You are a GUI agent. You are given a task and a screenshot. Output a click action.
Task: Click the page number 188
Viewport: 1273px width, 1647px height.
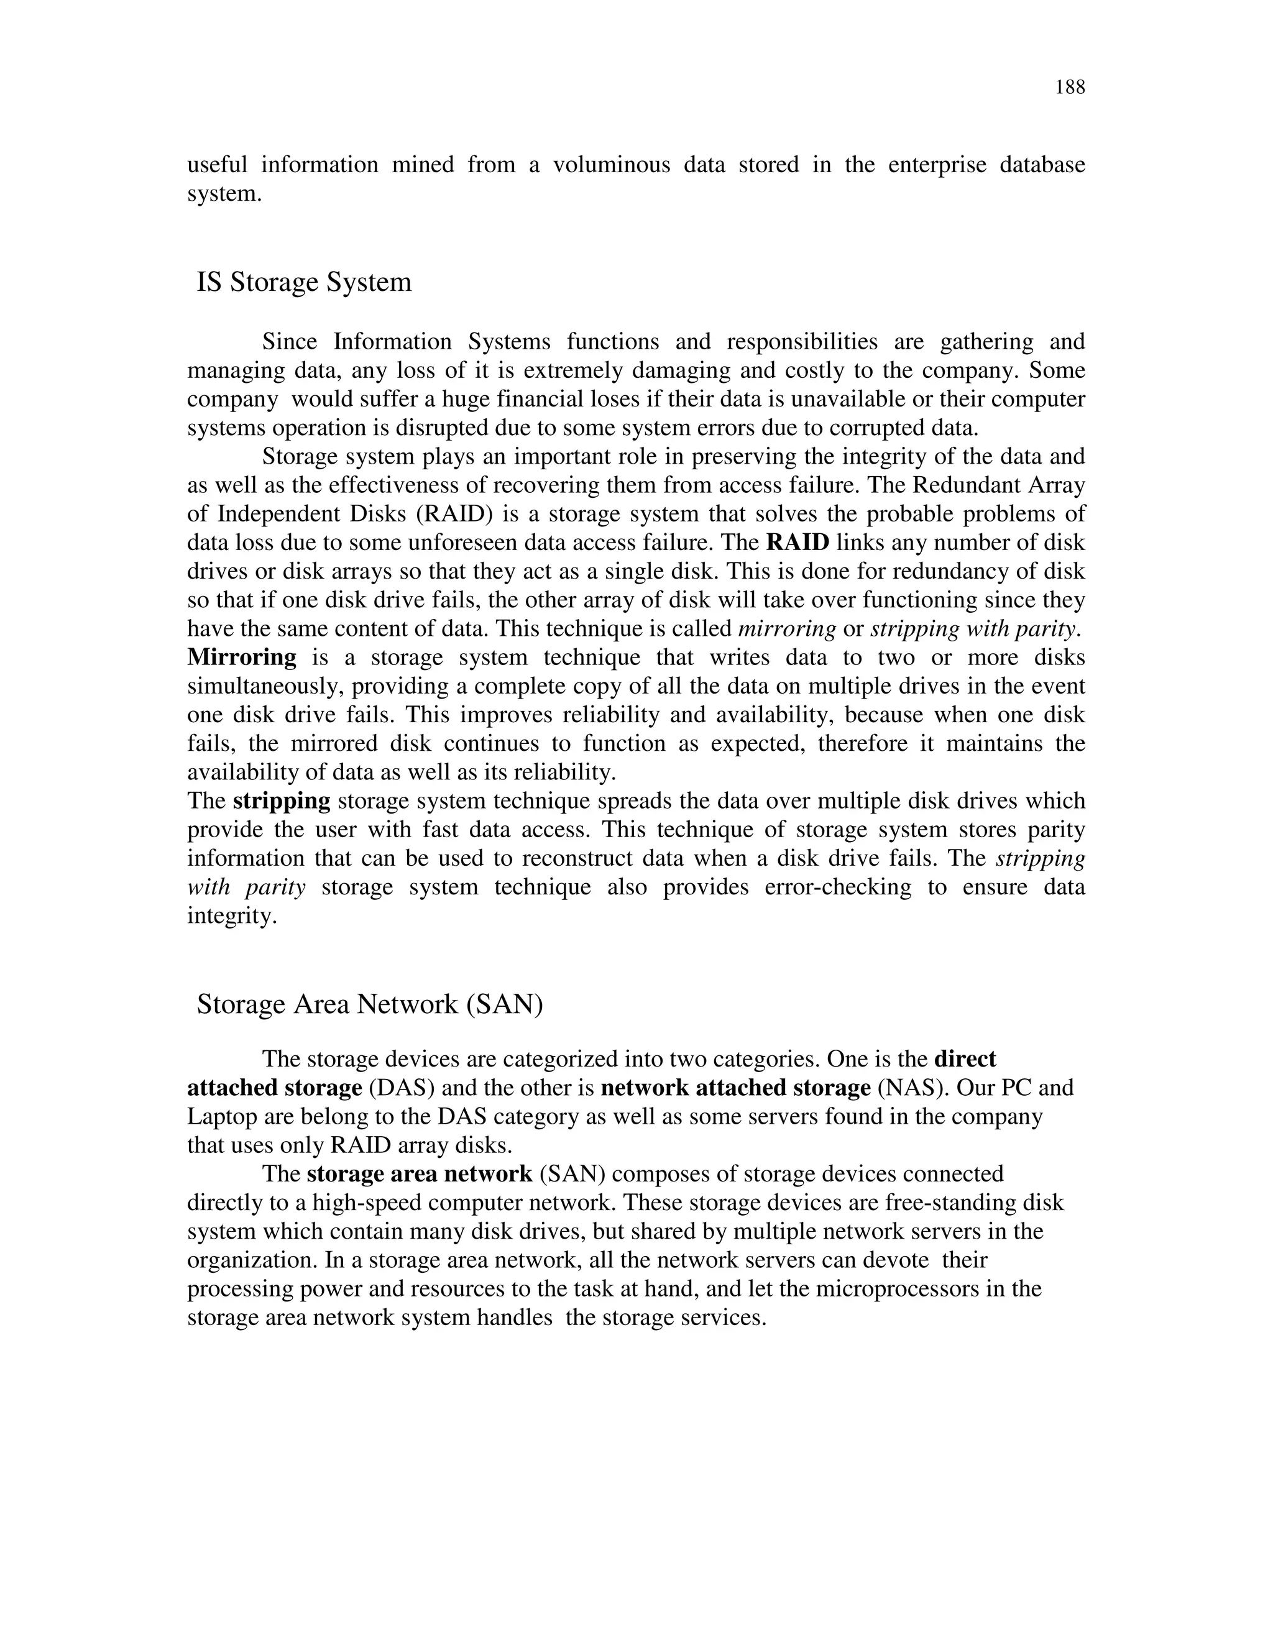(1069, 88)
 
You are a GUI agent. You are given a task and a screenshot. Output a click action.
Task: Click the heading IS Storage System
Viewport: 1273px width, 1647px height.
(304, 282)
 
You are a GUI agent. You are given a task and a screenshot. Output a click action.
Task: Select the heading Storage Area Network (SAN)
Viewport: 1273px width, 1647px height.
(370, 1004)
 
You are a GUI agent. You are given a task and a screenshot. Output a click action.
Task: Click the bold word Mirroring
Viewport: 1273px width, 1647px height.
(242, 657)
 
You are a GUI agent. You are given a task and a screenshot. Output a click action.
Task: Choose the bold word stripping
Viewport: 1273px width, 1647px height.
(282, 801)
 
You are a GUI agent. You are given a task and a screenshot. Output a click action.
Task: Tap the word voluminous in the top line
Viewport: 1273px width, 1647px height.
(612, 165)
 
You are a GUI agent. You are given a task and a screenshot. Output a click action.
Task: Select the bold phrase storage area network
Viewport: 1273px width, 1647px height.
(420, 1174)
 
